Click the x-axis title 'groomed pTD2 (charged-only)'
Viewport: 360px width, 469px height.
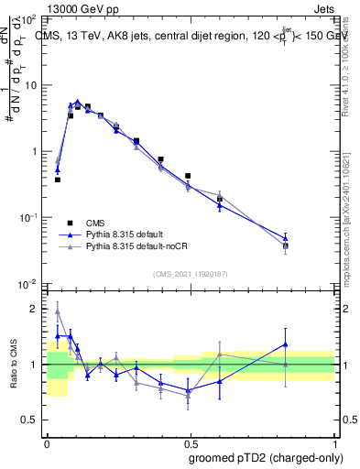266,458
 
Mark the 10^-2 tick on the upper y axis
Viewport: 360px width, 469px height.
30,283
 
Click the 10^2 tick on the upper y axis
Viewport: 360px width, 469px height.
30,19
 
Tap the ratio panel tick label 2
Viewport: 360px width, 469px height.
37,309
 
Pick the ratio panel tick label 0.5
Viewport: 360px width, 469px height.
32,420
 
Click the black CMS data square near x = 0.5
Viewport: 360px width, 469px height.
188,176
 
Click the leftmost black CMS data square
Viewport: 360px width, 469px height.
58,180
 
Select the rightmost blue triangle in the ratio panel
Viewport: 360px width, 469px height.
286,344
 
